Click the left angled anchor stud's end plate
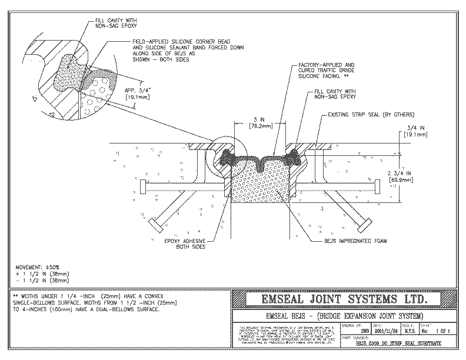pyautogui.click(x=159, y=224)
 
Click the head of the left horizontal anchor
pyautogui.click(x=143, y=185)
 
